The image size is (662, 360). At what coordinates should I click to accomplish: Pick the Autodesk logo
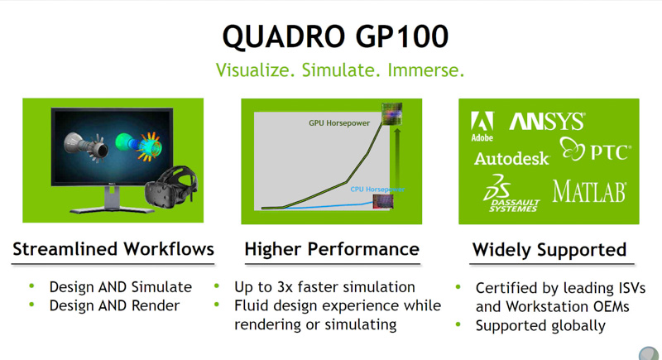click(511, 158)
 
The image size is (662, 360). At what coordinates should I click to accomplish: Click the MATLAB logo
click(589, 192)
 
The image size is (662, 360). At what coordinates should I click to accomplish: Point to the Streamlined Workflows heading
click(113, 249)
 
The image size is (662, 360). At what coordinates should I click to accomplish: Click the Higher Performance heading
click(331, 249)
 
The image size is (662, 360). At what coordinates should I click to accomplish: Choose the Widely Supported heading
click(549, 249)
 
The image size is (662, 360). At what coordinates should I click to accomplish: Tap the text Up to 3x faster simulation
click(325, 287)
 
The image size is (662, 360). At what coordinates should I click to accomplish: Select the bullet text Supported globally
click(540, 325)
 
